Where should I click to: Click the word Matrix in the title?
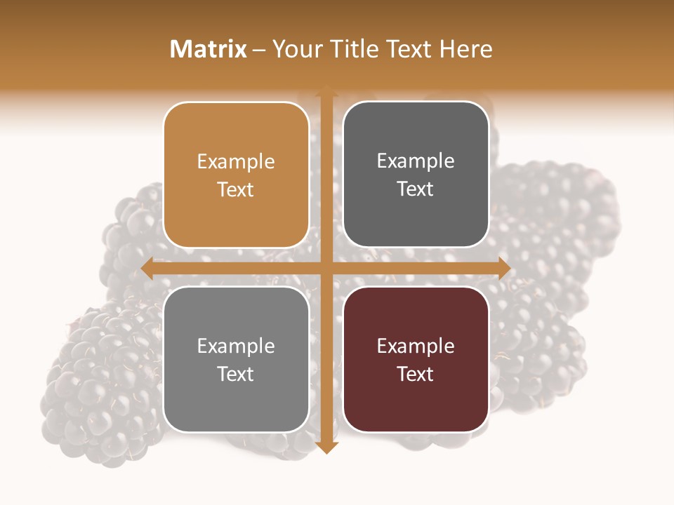click(x=209, y=49)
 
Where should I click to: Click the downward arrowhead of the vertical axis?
click(x=326, y=447)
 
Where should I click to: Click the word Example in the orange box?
click(x=236, y=161)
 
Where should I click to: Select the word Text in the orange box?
click(x=236, y=189)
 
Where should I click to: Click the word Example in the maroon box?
click(x=416, y=346)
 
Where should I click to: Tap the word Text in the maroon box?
click(x=416, y=374)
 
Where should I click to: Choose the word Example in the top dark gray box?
click(x=416, y=161)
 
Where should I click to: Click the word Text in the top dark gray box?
click(x=416, y=189)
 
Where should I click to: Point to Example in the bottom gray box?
click(x=236, y=346)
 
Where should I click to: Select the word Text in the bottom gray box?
click(x=236, y=374)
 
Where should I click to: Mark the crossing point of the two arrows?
click(x=326, y=268)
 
